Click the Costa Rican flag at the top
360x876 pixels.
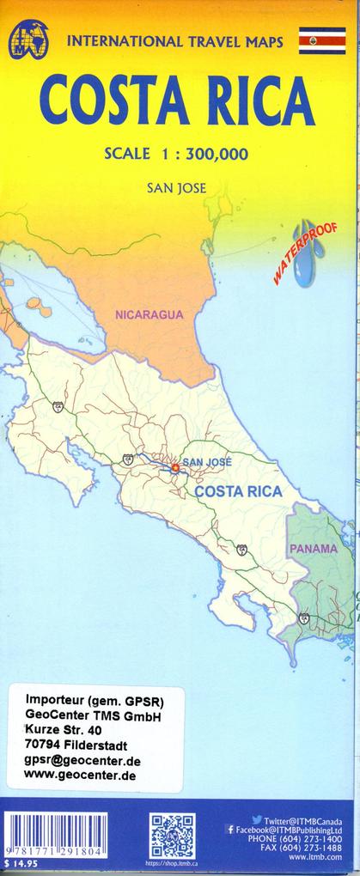pyautogui.click(x=321, y=40)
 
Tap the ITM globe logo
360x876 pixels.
pyautogui.click(x=28, y=40)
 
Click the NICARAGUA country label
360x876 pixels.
pyautogui.click(x=149, y=315)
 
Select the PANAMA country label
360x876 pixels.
pyautogui.click(x=313, y=548)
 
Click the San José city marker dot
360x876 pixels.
pyautogui.click(x=174, y=468)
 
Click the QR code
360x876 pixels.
pyautogui.click(x=173, y=836)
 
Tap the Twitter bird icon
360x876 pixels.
pyautogui.click(x=257, y=820)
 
